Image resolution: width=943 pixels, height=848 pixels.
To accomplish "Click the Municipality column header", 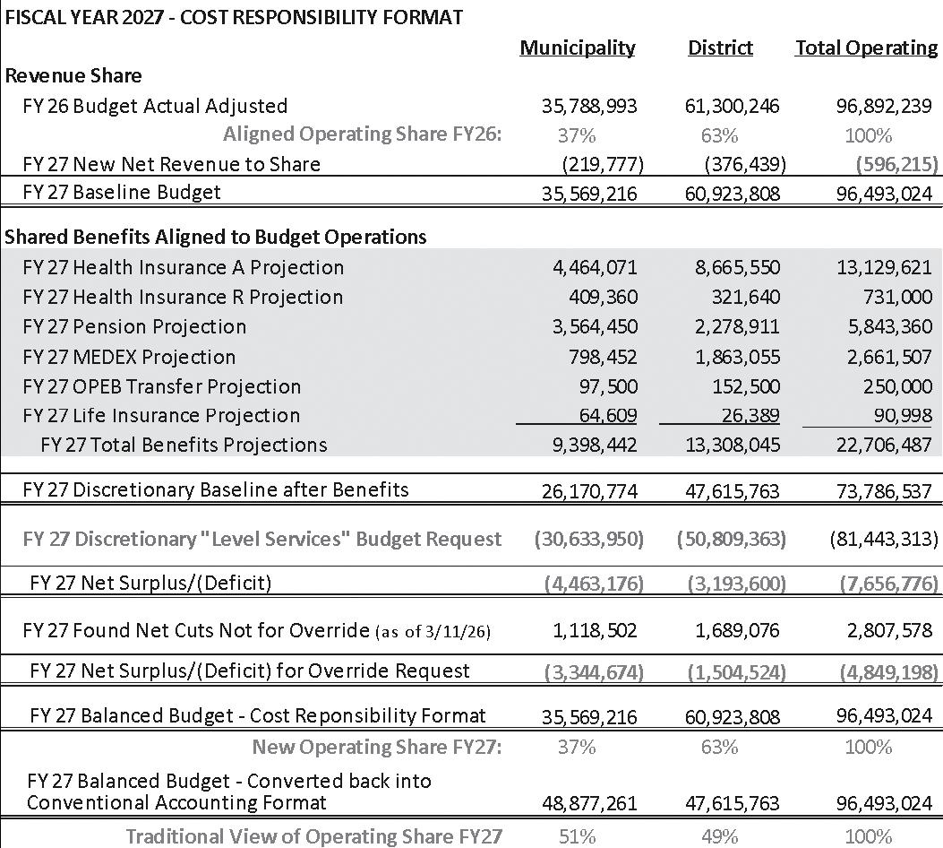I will tap(578, 48).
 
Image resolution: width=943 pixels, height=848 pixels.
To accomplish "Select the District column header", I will tap(720, 48).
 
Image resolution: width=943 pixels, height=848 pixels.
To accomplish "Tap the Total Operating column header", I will tap(866, 48).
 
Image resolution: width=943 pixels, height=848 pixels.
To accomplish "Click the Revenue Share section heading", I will tap(73, 76).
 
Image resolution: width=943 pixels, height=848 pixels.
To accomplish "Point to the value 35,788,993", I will tap(589, 106).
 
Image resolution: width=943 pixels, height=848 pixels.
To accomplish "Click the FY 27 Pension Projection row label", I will tap(134, 326).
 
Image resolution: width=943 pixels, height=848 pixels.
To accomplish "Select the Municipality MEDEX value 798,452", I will tap(601, 357).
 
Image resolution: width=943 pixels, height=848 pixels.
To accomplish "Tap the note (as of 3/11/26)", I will tap(433, 632).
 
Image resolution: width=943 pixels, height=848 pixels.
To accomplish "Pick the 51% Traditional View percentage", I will tap(578, 836).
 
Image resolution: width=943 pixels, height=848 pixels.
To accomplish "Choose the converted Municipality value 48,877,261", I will tap(589, 804).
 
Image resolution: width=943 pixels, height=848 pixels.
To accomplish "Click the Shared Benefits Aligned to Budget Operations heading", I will tap(216, 237).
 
